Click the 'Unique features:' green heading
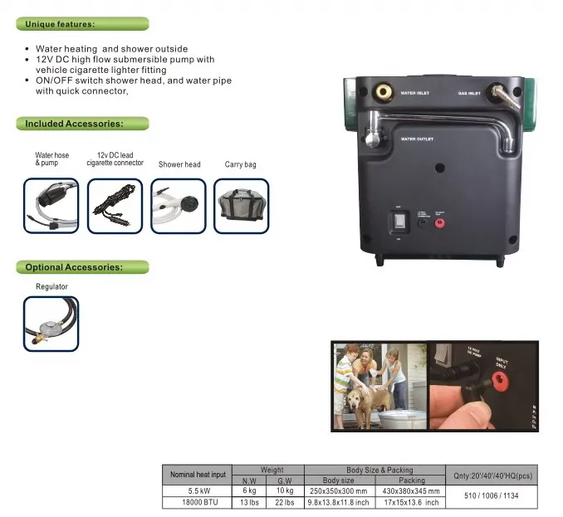coord(60,24)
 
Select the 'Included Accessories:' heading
coord(74,124)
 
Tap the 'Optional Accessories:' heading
coord(74,267)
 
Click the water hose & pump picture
coord(51,205)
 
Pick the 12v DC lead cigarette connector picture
coord(115,205)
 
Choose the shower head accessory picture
coord(179,205)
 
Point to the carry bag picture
coord(242,205)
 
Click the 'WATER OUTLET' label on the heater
coord(417,139)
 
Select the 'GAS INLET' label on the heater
coord(469,94)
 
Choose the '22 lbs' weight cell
coord(285,502)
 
